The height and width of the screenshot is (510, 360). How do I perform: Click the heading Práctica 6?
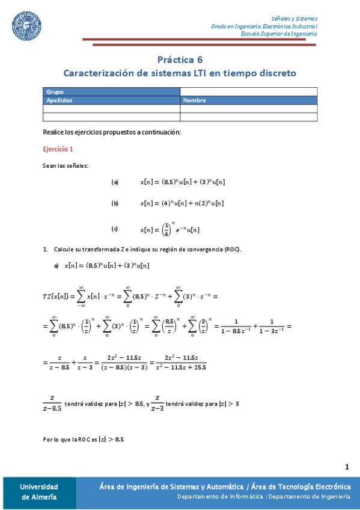(x=180, y=60)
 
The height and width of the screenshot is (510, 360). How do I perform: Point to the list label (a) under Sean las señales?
(x=115, y=182)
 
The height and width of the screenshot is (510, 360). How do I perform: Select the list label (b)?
(x=115, y=203)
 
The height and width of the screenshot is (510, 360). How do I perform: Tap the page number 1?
(x=347, y=467)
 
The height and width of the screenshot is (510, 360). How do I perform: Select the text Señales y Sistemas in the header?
(x=294, y=19)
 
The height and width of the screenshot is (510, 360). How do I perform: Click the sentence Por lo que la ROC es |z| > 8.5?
(x=84, y=440)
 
